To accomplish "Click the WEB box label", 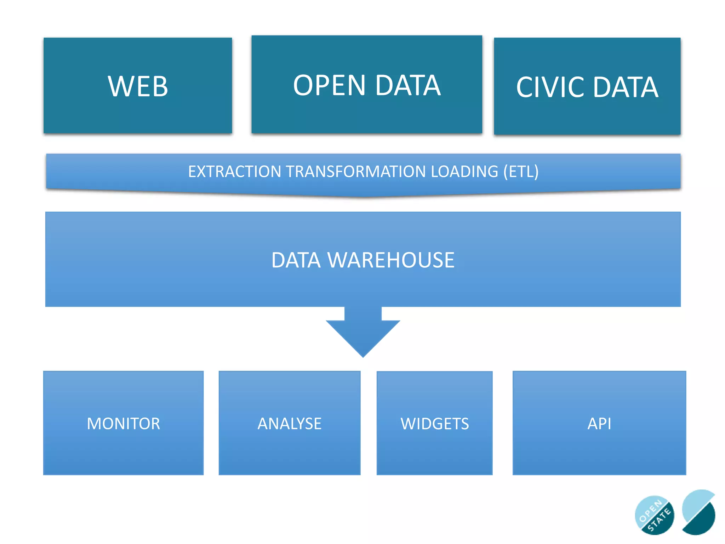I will tap(138, 86).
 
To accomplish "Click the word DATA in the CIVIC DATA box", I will tap(626, 87).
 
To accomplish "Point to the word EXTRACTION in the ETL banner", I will tap(234, 172).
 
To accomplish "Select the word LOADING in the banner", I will tap(464, 172).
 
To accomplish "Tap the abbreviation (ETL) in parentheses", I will tap(521, 172).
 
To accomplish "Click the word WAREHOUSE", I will tap(391, 260).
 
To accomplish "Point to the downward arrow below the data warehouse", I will tap(363, 333).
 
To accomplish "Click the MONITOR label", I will tap(124, 424).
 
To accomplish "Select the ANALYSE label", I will tap(290, 424).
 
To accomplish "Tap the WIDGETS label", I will tap(435, 424).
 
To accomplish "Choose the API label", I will tap(599, 424).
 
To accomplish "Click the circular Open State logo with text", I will tap(654, 515).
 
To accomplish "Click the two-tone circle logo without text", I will tap(699, 512).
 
